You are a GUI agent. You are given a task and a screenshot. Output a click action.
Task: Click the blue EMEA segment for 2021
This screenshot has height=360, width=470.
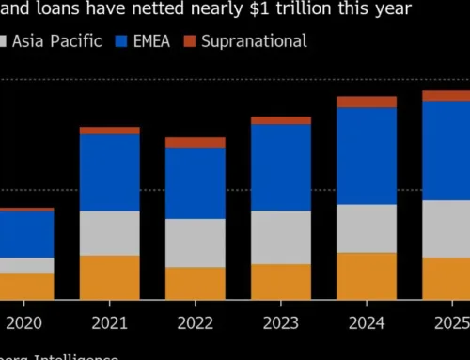(109, 172)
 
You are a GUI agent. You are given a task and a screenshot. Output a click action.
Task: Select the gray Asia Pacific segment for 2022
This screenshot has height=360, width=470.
(196, 243)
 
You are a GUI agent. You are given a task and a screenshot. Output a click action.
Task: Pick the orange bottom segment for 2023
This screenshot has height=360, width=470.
(281, 281)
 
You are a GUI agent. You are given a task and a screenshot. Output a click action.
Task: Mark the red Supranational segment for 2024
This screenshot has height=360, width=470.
(367, 102)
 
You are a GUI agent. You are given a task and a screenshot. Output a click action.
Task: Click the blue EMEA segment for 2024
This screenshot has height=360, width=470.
(367, 155)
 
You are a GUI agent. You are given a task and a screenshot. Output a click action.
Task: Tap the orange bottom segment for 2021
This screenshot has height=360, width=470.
(109, 277)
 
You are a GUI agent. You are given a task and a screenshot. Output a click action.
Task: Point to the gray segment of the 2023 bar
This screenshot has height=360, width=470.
(281, 237)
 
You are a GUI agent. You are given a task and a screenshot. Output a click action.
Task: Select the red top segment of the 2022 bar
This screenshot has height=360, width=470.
(196, 142)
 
